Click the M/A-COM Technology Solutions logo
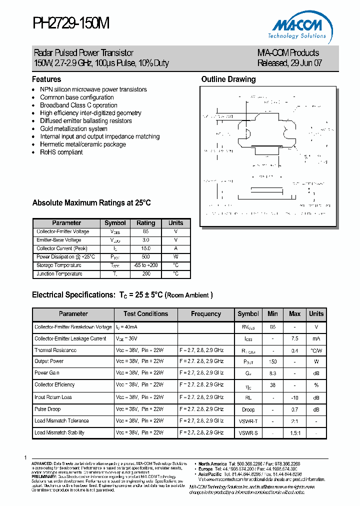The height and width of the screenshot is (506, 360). click(300, 26)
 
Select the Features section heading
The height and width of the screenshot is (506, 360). click(46, 79)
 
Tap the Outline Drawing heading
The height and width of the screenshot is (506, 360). click(228, 79)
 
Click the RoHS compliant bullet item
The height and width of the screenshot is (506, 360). click(61, 152)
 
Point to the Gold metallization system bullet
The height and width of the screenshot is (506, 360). click(73, 128)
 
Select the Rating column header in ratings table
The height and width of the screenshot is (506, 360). click(146, 223)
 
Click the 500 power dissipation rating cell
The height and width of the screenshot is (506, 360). click(146, 256)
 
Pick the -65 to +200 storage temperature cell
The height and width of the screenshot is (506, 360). click(146, 265)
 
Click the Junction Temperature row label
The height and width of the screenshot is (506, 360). click(59, 274)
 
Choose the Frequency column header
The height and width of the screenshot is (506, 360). click(206, 314)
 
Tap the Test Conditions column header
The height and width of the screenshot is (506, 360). click(145, 314)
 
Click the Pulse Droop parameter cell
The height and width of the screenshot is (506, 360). click(47, 409)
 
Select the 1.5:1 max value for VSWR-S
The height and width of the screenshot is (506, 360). click(294, 432)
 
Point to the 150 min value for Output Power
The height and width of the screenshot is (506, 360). click(272, 361)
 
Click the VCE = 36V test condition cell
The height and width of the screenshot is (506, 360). click(130, 338)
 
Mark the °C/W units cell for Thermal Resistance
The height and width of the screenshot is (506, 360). click(316, 350)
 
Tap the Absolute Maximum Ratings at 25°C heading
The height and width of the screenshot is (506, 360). click(91, 203)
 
